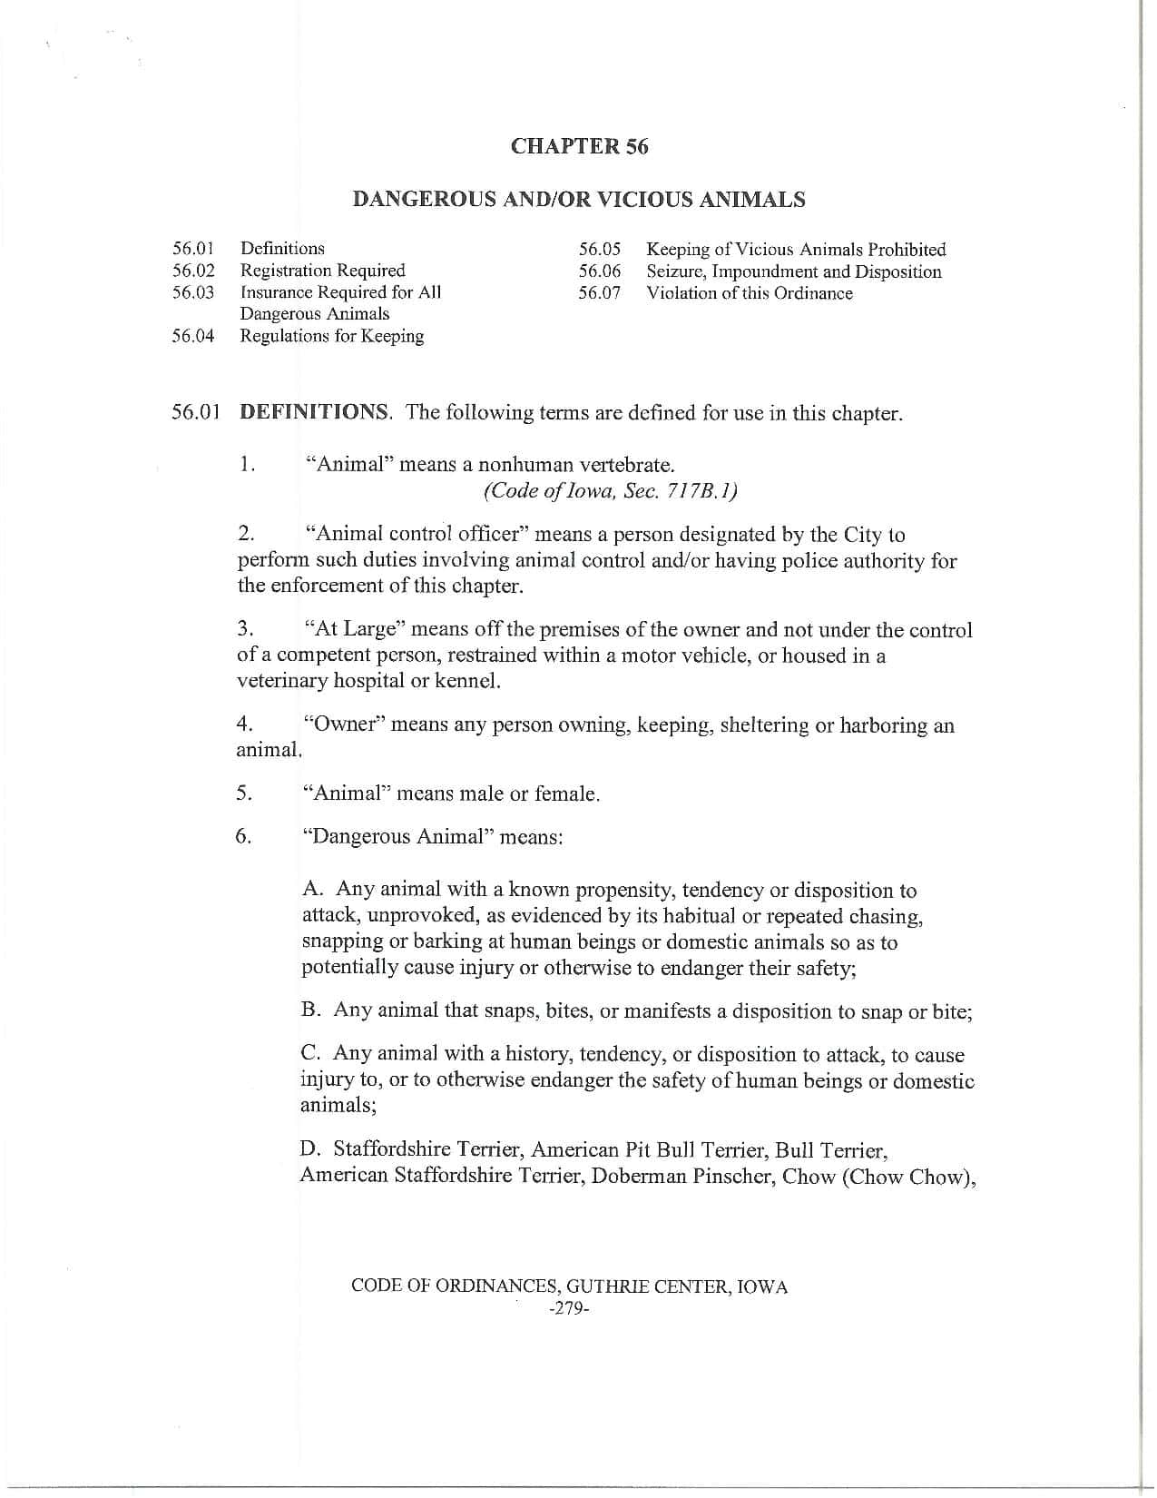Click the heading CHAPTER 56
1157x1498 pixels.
(579, 146)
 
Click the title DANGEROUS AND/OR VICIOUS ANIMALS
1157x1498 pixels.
(578, 200)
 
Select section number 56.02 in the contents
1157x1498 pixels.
(193, 271)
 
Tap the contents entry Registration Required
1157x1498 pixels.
(322, 271)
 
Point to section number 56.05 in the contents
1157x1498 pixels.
(600, 250)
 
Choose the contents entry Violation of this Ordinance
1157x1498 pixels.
(749, 293)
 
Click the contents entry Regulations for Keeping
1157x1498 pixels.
(331, 336)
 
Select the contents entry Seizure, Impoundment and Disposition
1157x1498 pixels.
(793, 271)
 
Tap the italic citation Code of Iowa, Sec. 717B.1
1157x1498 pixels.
(610, 491)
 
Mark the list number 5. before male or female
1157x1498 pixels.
(244, 793)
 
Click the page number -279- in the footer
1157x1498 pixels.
(570, 1310)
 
